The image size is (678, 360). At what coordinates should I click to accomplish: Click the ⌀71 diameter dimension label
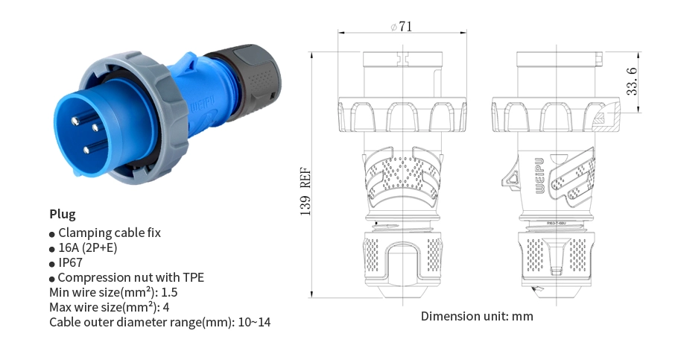pos(402,26)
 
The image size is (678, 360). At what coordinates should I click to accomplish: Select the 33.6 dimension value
pos(631,82)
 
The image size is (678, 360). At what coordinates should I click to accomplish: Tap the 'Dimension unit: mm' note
pos(477,315)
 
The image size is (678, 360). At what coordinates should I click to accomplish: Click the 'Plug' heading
pos(63,214)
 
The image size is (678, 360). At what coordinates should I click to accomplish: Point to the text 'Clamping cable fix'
pos(109,233)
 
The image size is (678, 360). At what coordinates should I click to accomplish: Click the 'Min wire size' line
pos(113,292)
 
